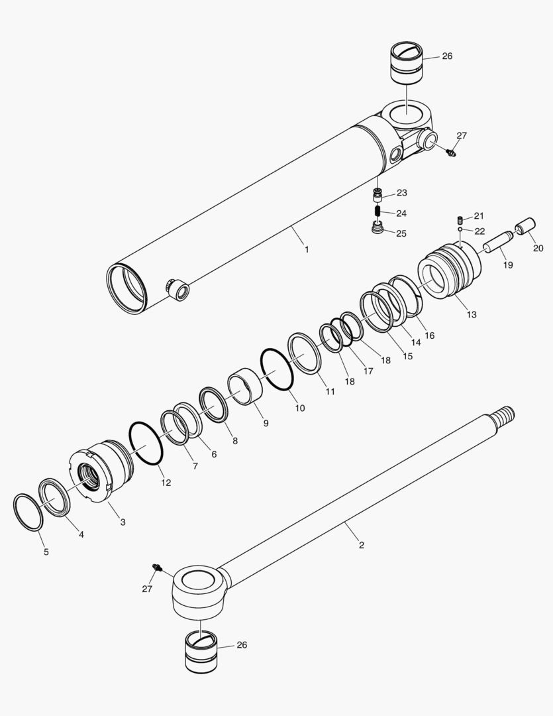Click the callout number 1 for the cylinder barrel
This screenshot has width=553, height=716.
[307, 249]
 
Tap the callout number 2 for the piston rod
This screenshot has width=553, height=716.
[361, 545]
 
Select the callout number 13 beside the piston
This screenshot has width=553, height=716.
[472, 314]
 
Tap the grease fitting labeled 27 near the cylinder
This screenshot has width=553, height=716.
[450, 152]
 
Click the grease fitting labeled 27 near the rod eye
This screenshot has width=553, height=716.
[158, 567]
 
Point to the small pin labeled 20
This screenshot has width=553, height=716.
[527, 229]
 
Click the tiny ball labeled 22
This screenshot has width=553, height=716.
[460, 229]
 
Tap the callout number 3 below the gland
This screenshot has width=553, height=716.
[123, 522]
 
